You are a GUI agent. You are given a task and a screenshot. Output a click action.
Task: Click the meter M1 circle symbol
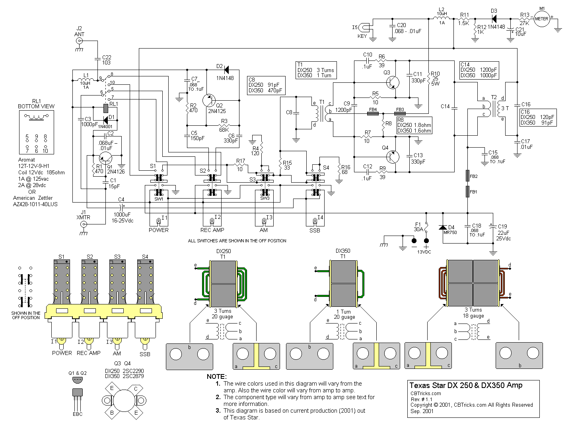tap(541, 19)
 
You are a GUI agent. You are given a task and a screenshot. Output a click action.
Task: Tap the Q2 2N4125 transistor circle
tap(210, 101)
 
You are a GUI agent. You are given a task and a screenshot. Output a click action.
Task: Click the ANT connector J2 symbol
tap(80, 41)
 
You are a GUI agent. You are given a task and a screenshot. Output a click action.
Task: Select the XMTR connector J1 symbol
tap(84, 224)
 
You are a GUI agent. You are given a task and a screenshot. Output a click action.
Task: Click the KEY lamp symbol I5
tap(364, 28)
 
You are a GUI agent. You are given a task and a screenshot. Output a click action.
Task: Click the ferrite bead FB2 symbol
tap(467, 175)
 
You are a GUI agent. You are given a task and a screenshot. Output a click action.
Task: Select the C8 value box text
tap(265, 85)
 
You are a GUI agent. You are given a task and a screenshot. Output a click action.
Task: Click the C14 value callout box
tap(479, 70)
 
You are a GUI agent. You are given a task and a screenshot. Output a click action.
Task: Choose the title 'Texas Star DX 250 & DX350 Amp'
tap(466, 385)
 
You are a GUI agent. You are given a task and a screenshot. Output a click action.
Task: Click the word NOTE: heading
tap(217, 376)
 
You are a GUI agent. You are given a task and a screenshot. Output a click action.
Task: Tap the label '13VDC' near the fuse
tap(424, 252)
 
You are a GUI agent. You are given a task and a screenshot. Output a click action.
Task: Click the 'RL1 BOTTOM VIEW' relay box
tap(36, 131)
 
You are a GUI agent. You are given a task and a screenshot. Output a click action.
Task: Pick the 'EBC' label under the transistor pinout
tap(78, 414)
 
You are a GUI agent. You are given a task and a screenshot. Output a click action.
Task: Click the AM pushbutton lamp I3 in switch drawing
tap(117, 341)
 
